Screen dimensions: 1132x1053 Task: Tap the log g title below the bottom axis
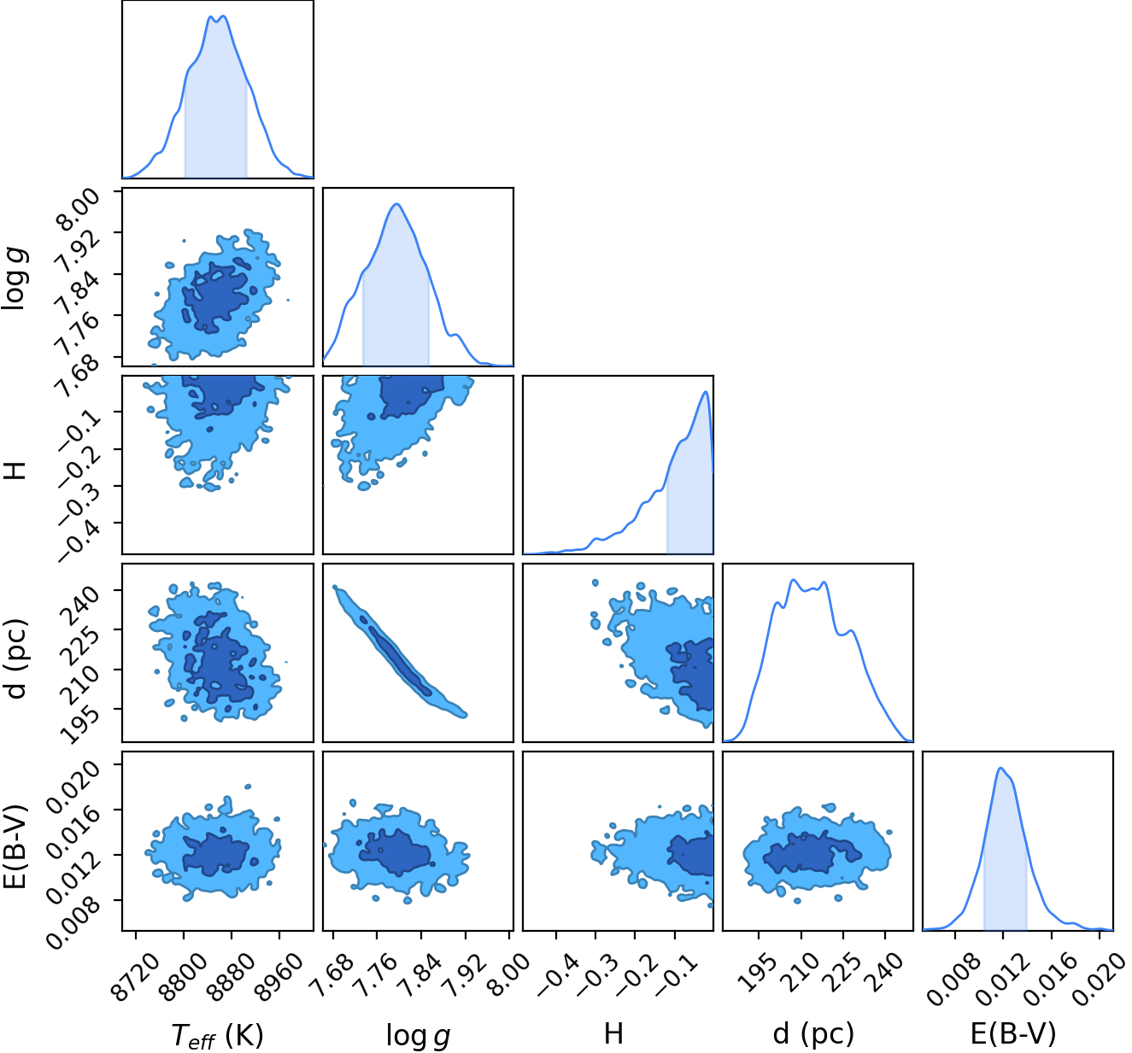point(418,1034)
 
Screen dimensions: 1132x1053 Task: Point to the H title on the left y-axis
point(15,470)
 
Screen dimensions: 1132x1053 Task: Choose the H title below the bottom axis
point(613,1033)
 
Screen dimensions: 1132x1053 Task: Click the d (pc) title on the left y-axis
point(16,659)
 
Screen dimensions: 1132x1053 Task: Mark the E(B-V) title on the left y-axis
point(16,847)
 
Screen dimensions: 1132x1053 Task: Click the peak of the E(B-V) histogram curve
point(1000,768)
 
